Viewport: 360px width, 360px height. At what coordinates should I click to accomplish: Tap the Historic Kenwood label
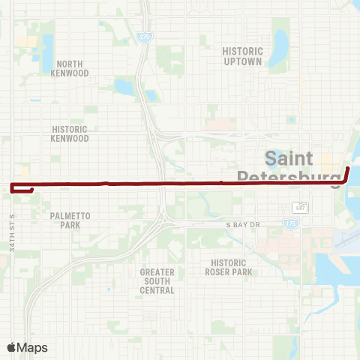(x=70, y=133)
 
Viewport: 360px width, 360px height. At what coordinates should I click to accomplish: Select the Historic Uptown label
(x=242, y=56)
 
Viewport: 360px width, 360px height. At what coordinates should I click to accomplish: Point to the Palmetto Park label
(x=70, y=220)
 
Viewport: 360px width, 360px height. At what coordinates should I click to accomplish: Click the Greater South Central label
(x=157, y=280)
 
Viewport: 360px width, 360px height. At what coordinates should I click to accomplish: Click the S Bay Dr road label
(x=242, y=225)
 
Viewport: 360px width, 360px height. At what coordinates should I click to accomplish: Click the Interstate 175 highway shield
(x=289, y=223)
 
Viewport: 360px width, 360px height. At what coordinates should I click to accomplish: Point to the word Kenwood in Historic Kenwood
(x=70, y=138)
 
